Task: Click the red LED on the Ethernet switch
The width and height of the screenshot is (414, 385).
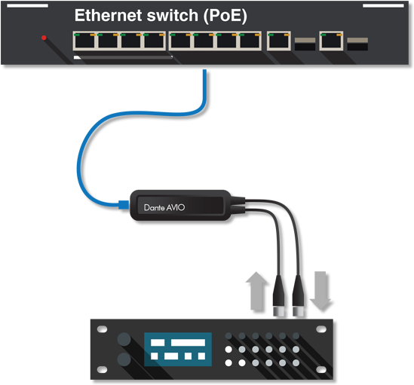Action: tap(44, 38)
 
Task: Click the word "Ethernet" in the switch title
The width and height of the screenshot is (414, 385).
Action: tap(109, 15)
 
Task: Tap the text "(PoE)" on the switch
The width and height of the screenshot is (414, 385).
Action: tap(225, 16)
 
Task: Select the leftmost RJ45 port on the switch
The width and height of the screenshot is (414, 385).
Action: tap(84, 41)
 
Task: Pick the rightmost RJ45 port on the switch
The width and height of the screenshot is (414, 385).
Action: tap(331, 41)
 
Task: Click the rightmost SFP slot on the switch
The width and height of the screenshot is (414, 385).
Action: tap(357, 44)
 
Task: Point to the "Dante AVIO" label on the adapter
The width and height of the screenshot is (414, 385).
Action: tap(164, 208)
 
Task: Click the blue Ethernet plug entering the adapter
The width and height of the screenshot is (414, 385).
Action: tap(124, 205)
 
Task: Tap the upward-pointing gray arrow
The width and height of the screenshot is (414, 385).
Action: tap(256, 291)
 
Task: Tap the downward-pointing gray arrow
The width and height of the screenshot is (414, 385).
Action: tap(320, 291)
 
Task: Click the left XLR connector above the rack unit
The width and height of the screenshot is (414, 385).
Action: tap(279, 295)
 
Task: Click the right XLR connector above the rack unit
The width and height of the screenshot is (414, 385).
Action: tap(299, 295)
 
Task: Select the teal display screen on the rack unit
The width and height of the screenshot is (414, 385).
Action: tap(178, 350)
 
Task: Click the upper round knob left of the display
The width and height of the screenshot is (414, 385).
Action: tap(124, 339)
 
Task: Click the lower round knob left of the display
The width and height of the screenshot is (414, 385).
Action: tap(124, 359)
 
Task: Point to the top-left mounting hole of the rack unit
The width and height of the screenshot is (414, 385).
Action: tap(102, 329)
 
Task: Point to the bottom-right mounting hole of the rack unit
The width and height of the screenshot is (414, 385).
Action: tap(321, 369)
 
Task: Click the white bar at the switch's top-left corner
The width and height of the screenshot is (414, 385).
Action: tap(27, 5)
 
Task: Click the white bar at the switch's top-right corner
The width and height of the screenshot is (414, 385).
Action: tap(383, 5)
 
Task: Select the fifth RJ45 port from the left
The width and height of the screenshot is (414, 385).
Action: tap(180, 41)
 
